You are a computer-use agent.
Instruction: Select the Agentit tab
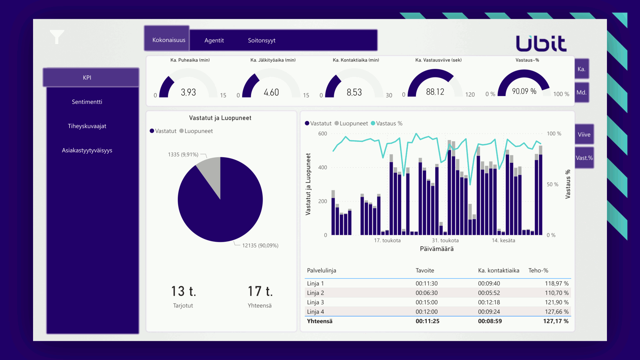click(x=214, y=40)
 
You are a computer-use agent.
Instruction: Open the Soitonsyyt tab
click(x=262, y=40)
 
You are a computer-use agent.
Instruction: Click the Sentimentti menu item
click(x=87, y=102)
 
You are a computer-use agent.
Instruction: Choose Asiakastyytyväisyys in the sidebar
click(x=87, y=150)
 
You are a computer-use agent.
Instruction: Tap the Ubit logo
click(x=541, y=43)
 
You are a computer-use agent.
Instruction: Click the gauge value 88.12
click(x=435, y=92)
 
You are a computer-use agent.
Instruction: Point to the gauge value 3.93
click(x=188, y=92)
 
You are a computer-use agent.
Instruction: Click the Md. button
click(x=581, y=93)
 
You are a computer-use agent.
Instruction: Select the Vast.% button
click(x=584, y=158)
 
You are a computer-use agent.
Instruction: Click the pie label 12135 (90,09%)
click(x=260, y=246)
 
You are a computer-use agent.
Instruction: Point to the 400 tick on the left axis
click(x=322, y=167)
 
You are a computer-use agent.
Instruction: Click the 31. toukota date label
click(x=445, y=240)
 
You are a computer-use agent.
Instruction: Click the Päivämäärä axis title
click(x=437, y=249)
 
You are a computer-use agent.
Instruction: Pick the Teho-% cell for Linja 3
click(x=557, y=302)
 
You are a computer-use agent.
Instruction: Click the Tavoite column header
click(x=425, y=271)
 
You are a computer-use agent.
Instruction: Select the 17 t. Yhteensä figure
click(x=260, y=291)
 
